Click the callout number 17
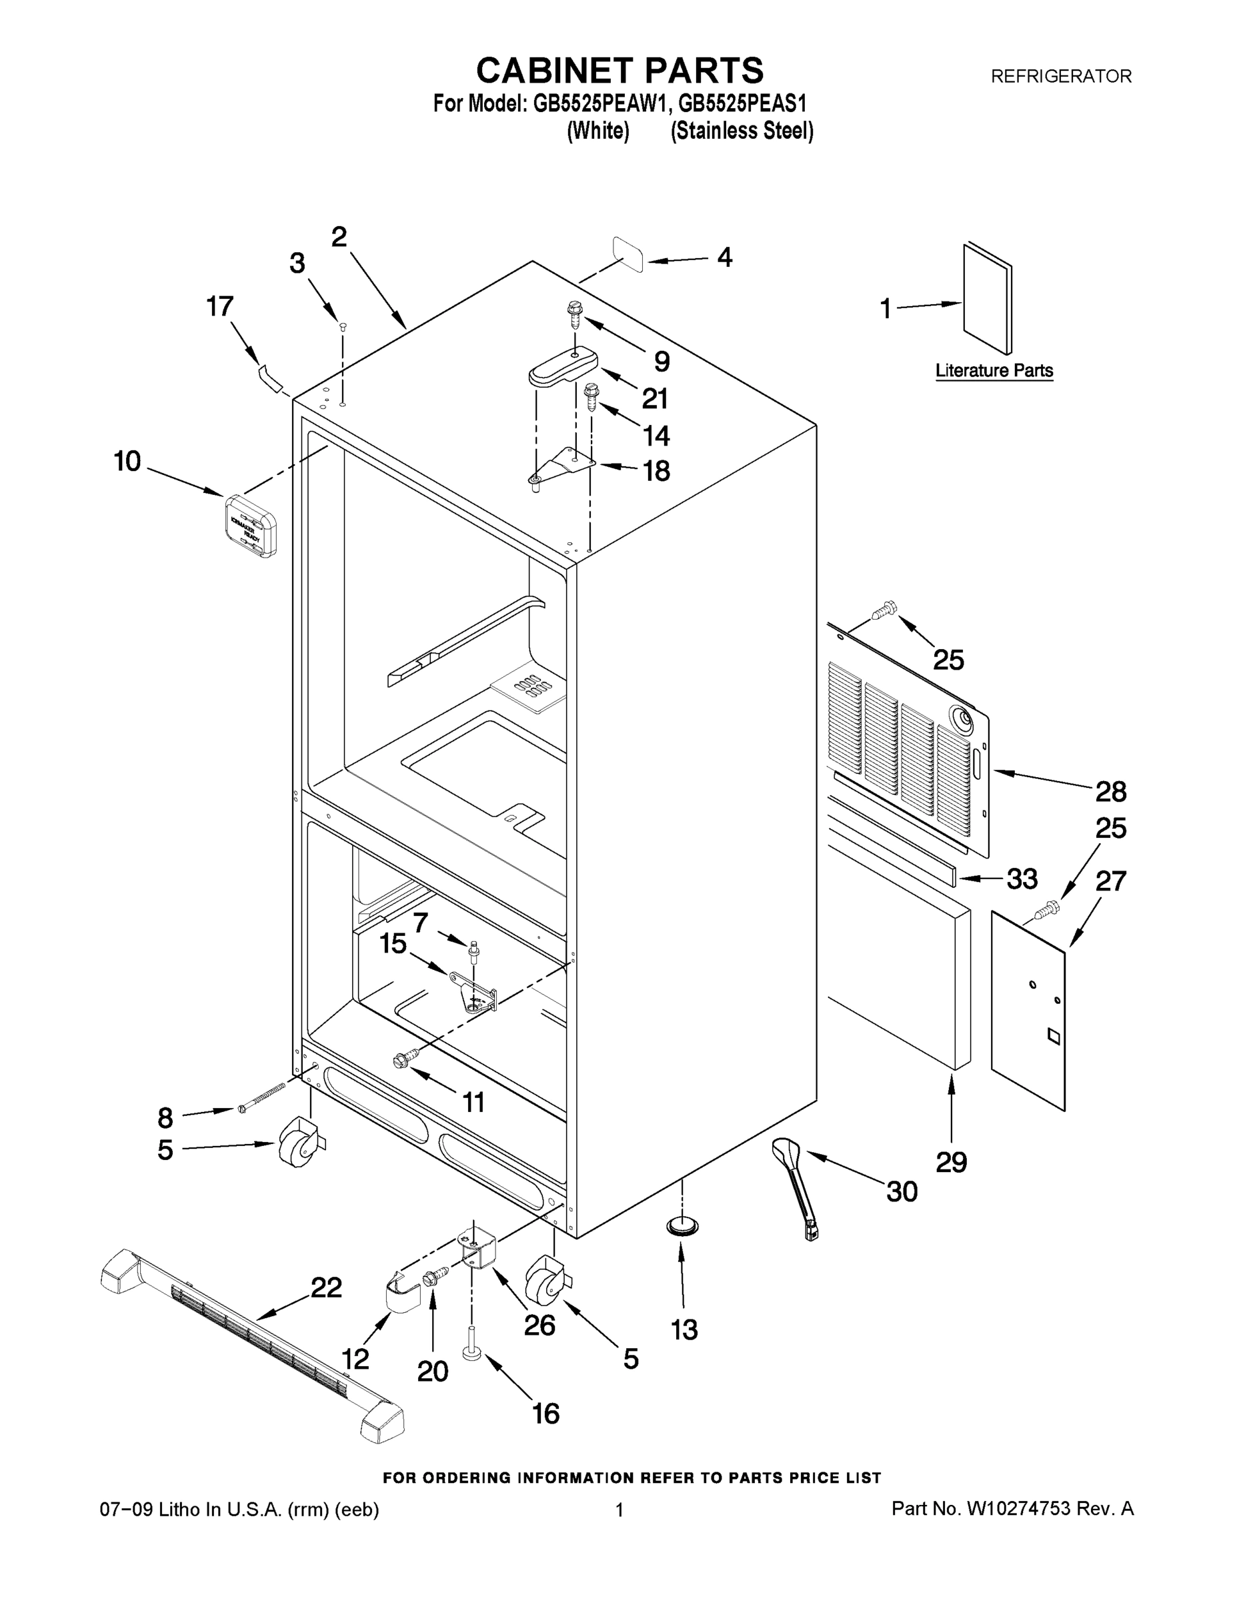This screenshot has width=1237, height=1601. coord(219,306)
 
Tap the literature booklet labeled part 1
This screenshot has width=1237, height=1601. coord(986,299)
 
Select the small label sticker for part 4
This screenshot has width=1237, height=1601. coord(628,253)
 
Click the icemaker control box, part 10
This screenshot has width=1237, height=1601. coord(250,525)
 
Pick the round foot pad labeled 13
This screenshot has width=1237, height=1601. coord(682,1225)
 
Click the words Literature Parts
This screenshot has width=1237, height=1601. coord(994,371)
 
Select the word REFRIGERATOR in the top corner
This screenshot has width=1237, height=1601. coord(1060,76)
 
